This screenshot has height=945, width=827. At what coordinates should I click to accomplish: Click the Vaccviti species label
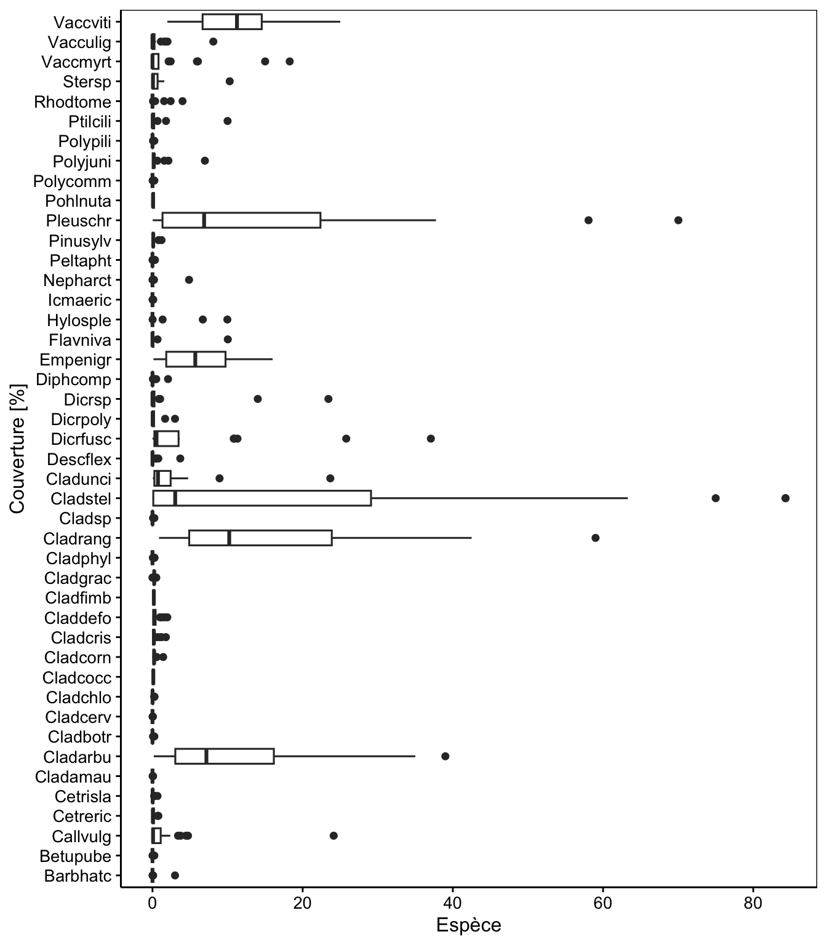click(x=82, y=22)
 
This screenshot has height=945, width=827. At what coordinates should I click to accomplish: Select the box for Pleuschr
click(x=241, y=220)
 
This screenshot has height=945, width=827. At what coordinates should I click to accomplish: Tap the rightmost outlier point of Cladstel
click(x=785, y=498)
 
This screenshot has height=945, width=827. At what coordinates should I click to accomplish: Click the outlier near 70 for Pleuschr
click(x=678, y=220)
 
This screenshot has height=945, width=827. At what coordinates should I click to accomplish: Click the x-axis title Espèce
click(x=468, y=925)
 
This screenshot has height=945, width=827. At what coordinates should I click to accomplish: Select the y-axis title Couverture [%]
click(x=18, y=449)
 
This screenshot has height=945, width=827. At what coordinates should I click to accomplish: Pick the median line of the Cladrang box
click(x=229, y=538)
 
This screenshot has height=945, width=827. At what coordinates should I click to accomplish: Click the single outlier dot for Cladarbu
click(x=445, y=756)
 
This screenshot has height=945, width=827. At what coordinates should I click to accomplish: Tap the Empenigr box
click(x=196, y=359)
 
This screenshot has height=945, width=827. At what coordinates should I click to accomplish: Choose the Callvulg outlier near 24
click(x=334, y=835)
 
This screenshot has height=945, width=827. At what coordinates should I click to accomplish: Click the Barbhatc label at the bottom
click(x=78, y=875)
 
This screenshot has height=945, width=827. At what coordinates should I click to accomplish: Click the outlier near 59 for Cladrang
click(x=596, y=538)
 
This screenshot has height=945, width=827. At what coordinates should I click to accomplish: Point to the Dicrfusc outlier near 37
click(x=431, y=438)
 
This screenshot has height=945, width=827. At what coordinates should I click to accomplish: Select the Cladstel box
click(x=262, y=498)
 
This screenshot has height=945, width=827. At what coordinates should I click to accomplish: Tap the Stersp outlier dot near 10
click(x=230, y=81)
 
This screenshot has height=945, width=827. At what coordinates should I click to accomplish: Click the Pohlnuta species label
click(x=78, y=201)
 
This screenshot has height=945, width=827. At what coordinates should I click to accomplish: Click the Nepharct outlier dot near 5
click(x=189, y=280)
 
